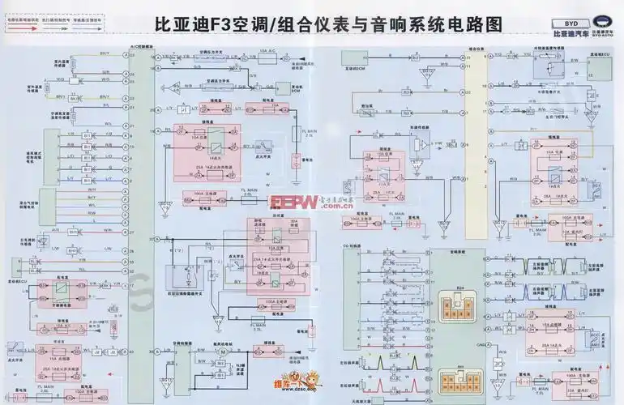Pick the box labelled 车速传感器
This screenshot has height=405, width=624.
point(420,127)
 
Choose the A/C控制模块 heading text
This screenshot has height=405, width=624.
point(140,49)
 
